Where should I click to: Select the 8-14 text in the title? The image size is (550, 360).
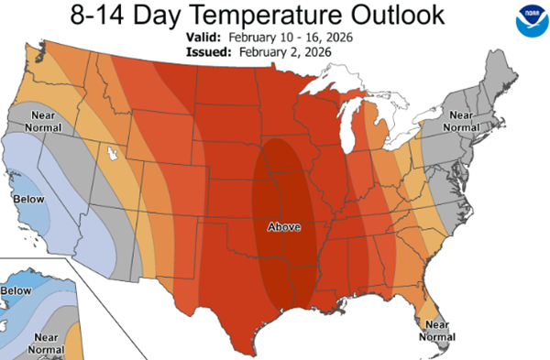pyautogui.click(x=115, y=16)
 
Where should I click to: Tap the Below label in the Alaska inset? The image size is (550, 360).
pyautogui.click(x=16, y=290)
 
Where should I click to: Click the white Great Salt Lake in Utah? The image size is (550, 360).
pyautogui.click(x=114, y=152)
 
